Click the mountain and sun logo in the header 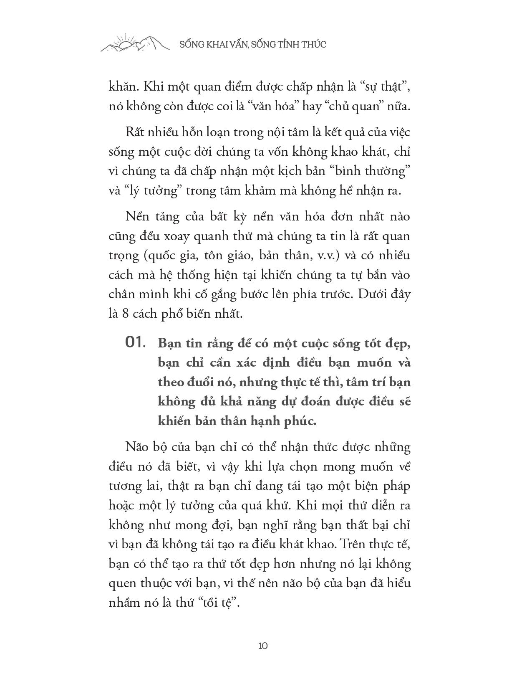[135, 43]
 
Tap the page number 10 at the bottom [263, 646]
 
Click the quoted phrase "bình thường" [371, 172]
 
